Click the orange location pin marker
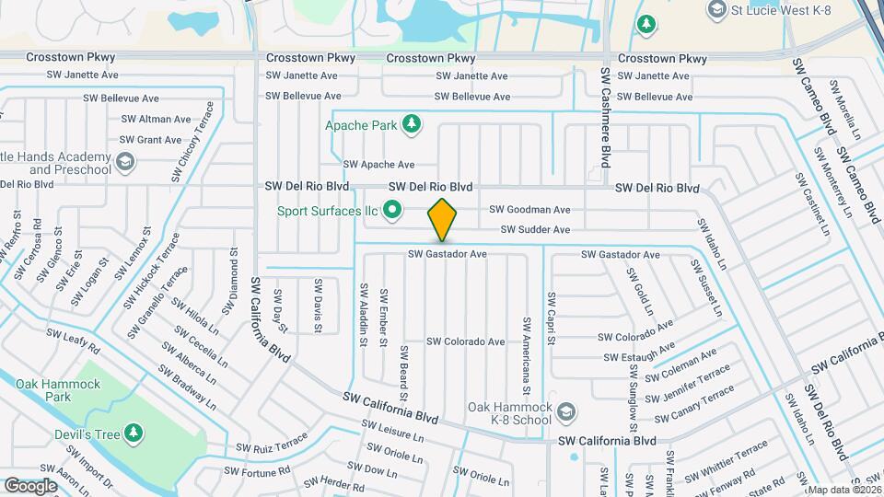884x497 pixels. [x=442, y=219]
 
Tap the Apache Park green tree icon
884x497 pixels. [x=413, y=123]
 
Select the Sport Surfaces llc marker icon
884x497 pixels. [x=393, y=211]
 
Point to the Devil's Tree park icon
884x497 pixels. [x=134, y=433]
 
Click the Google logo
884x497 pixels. [x=30, y=485]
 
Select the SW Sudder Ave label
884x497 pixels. [x=535, y=229]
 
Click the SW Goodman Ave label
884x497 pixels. [x=529, y=210]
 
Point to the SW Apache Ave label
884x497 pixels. [x=378, y=165]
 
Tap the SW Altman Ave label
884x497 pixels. [x=156, y=119]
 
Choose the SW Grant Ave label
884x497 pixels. [x=152, y=140]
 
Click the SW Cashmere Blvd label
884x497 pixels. [x=606, y=115]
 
